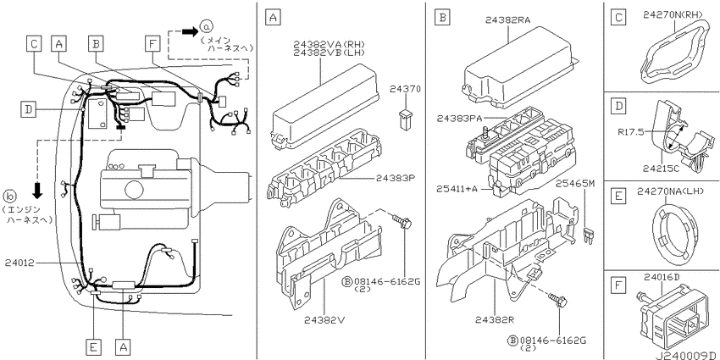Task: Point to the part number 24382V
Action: [324, 320]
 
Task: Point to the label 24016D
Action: [661, 277]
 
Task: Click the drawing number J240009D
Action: [686, 356]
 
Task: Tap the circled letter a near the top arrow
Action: [206, 28]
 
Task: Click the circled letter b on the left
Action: [9, 197]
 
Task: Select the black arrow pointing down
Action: [37, 191]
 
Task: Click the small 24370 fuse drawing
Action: [405, 119]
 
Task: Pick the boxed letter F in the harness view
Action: [151, 43]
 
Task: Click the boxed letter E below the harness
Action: [93, 347]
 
